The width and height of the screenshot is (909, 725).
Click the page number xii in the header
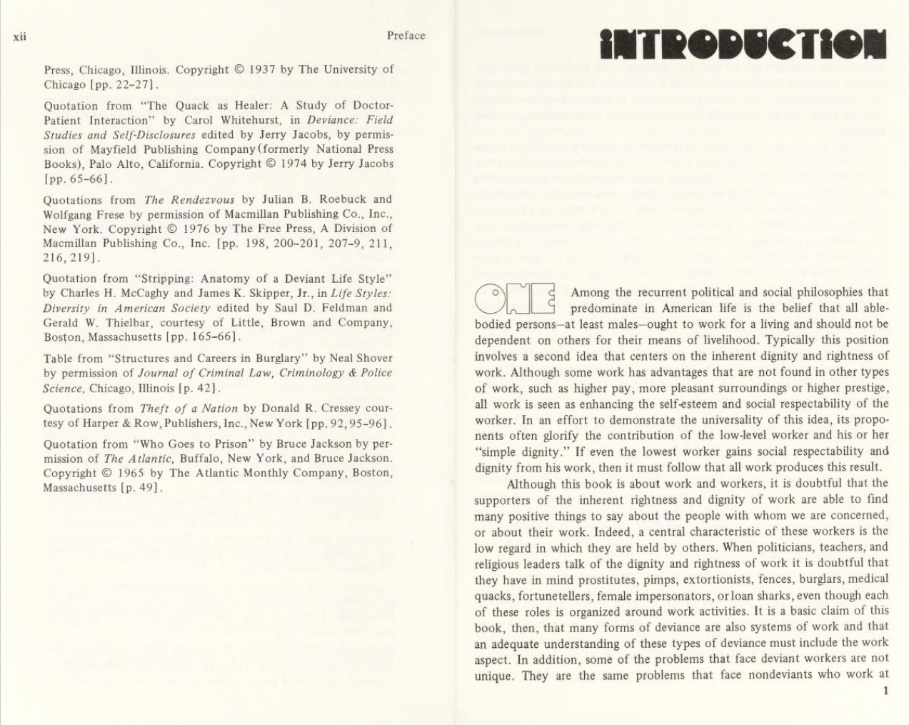click(19, 36)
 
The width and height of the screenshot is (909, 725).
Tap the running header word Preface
click(406, 36)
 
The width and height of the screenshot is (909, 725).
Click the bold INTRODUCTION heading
click(743, 44)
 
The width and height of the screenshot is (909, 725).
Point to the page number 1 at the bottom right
click(885, 691)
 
